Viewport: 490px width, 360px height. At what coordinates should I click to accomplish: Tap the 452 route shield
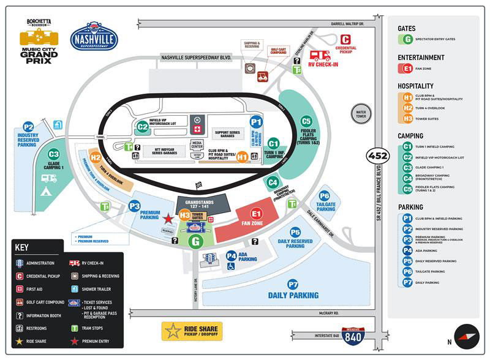pyautogui.click(x=377, y=156)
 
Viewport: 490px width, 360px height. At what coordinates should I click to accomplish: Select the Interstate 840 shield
pyautogui.click(x=353, y=336)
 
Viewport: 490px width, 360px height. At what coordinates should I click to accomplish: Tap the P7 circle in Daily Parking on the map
pyautogui.click(x=293, y=284)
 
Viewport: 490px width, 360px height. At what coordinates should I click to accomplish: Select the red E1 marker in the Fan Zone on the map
pyautogui.click(x=256, y=214)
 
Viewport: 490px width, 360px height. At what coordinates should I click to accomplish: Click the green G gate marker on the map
pyautogui.click(x=196, y=242)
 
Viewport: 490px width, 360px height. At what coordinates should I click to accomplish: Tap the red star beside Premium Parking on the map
pyautogui.click(x=168, y=218)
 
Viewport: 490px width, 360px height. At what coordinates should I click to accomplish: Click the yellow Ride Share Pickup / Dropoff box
pyautogui.click(x=192, y=331)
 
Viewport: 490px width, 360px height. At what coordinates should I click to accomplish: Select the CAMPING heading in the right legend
pyautogui.click(x=410, y=136)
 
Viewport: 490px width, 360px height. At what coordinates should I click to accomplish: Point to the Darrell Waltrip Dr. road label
pyautogui.click(x=347, y=24)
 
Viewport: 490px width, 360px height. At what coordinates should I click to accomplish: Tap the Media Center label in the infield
pyautogui.click(x=197, y=145)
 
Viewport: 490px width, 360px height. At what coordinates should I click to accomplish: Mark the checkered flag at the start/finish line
pyautogui.click(x=198, y=185)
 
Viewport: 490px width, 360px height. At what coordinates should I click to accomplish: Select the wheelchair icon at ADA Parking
pyautogui.click(x=231, y=266)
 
